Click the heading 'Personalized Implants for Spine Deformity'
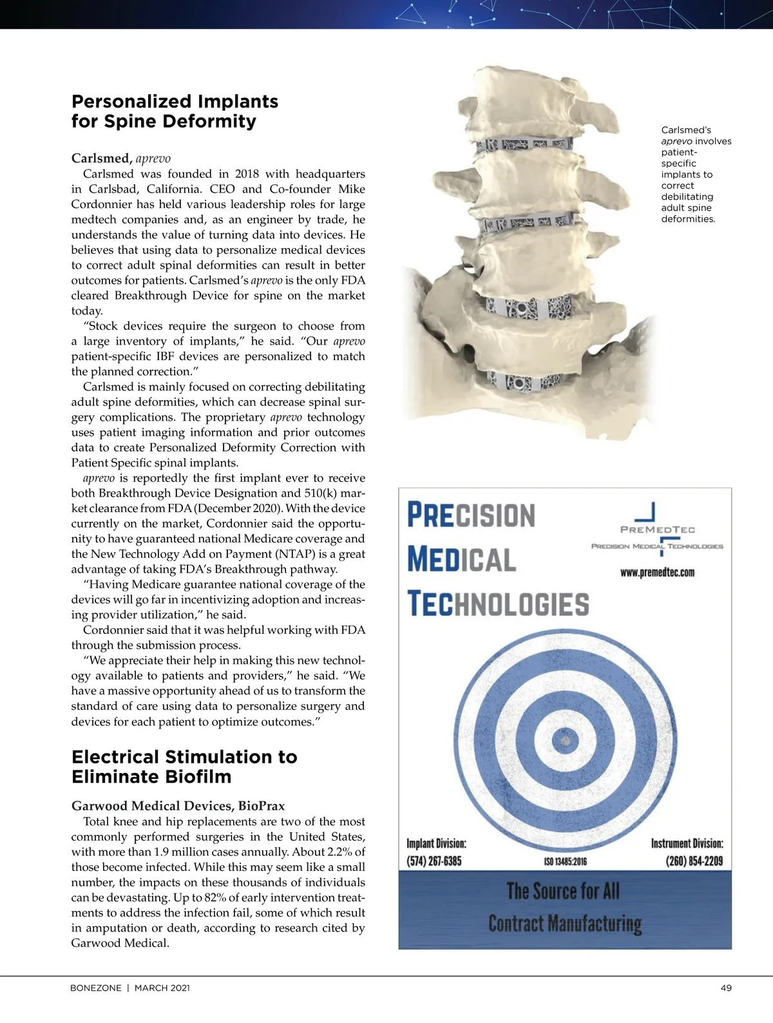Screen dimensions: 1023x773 (175, 111)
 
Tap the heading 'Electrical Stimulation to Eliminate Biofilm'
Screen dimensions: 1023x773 (184, 766)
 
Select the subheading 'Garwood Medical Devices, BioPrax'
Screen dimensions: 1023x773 (178, 806)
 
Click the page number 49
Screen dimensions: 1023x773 (726, 988)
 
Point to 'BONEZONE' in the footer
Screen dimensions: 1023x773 (95, 988)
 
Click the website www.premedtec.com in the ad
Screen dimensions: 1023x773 (657, 572)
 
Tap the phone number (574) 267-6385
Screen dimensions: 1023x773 (434, 861)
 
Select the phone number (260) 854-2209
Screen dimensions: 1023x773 (694, 861)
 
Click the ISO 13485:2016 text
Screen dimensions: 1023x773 (565, 862)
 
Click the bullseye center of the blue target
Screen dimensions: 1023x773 (565, 740)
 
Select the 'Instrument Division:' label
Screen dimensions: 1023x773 (687, 843)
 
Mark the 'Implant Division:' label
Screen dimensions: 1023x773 (436, 843)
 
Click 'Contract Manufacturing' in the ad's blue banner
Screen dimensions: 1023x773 (565, 924)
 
